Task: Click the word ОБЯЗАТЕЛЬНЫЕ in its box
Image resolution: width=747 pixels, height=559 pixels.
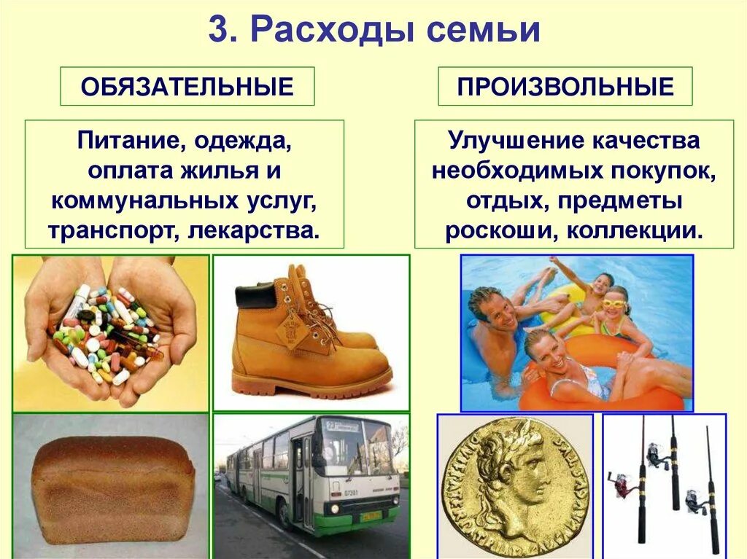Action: [x=187, y=87]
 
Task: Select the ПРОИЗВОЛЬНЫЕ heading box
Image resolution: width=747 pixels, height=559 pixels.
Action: [x=565, y=87]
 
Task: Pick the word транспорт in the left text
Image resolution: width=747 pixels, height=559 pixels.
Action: [x=110, y=230]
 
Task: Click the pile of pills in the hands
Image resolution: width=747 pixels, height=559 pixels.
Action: [x=106, y=332]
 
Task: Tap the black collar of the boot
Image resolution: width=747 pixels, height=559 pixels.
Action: [x=255, y=296]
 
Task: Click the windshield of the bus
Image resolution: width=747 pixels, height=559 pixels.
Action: [x=352, y=448]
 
